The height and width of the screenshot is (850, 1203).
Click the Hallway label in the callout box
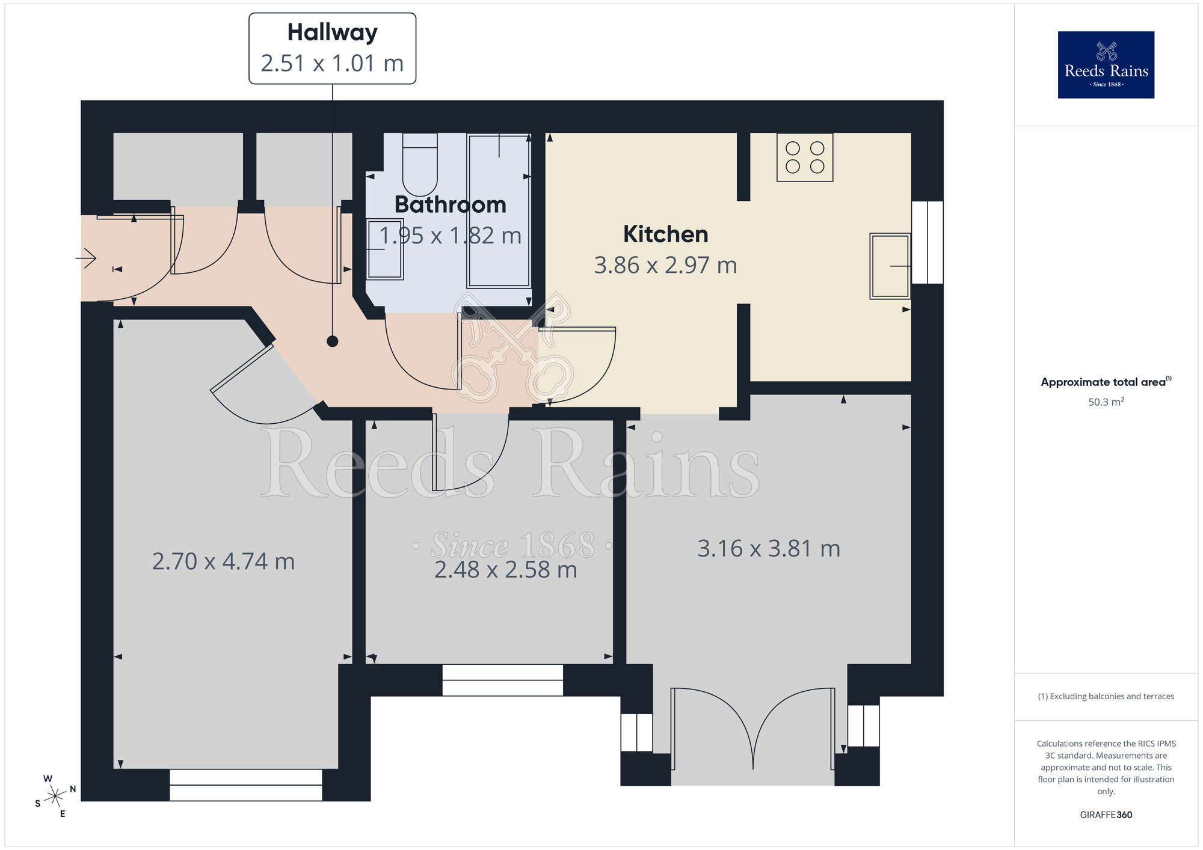(x=332, y=33)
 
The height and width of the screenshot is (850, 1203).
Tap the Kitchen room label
(x=665, y=234)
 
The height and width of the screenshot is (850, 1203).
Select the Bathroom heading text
(x=450, y=205)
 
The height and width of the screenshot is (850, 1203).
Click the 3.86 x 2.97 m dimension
(x=665, y=265)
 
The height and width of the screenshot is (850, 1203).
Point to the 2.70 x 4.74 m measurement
(x=223, y=561)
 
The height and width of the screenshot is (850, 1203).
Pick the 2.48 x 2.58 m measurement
(x=505, y=570)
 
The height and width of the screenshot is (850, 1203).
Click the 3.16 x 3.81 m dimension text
(x=769, y=549)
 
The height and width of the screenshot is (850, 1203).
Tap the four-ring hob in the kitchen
(x=805, y=157)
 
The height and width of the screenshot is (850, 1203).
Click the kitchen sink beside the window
(x=890, y=266)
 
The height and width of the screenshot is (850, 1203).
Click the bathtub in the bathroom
(x=499, y=210)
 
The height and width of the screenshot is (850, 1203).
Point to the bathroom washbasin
(x=385, y=249)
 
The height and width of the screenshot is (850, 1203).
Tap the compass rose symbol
(x=55, y=796)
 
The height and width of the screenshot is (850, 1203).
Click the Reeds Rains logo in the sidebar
(x=1106, y=65)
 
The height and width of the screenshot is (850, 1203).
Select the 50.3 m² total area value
(x=1106, y=402)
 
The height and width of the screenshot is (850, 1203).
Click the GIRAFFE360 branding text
(x=1106, y=815)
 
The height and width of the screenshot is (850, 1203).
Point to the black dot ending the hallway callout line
(x=333, y=341)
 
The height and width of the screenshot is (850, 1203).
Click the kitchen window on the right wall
(x=928, y=242)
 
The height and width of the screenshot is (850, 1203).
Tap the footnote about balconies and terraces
(x=1106, y=696)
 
